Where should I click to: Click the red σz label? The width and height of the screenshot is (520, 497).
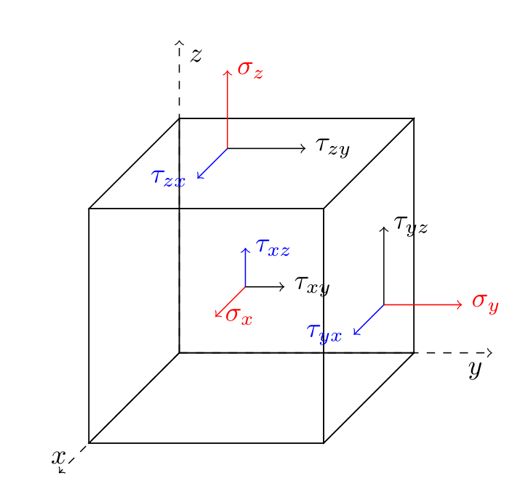point(250,70)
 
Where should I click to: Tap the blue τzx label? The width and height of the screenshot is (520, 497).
point(168,178)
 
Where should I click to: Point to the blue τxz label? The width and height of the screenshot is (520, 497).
point(273,248)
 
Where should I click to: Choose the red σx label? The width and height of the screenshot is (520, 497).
point(239,316)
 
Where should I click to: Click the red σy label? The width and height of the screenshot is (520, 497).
point(485,302)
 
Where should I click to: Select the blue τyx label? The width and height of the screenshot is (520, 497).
point(324,333)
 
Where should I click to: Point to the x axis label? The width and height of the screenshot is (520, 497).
point(59,457)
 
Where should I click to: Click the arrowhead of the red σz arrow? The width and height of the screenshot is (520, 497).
point(228,71)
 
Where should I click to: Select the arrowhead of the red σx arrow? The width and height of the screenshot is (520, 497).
point(217,315)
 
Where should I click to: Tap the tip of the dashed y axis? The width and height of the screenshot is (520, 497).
point(492,353)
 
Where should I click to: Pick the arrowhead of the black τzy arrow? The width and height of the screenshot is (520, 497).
point(305,148)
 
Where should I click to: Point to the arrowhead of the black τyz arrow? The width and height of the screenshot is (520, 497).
point(384,228)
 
